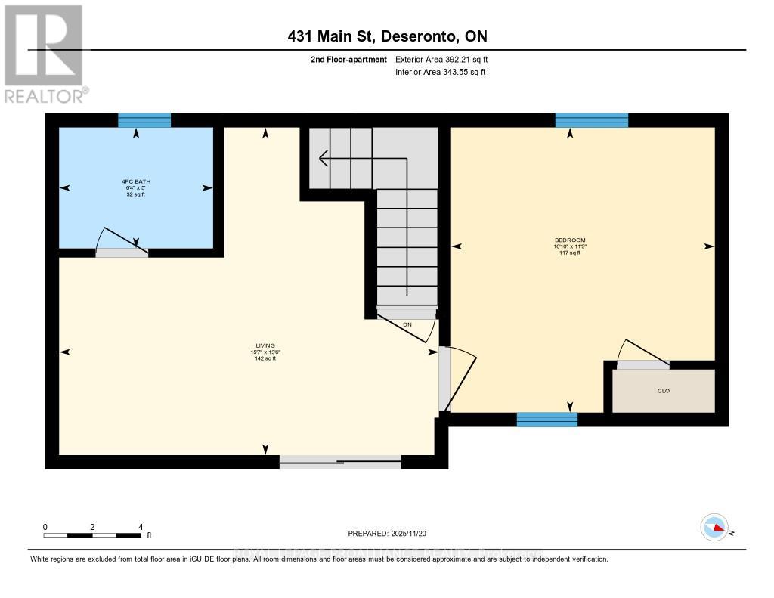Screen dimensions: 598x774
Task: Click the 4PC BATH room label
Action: pos(136,181)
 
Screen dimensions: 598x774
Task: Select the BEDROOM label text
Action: pos(570,240)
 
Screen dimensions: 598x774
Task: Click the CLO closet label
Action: pos(664,391)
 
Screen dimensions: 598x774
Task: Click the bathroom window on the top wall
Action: pos(144,120)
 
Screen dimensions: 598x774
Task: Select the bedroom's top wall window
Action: pos(592,120)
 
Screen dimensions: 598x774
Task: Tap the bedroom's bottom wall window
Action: pos(546,420)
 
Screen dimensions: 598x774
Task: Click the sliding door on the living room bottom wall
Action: pos(340,462)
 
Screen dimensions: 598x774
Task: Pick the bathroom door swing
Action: pos(119,240)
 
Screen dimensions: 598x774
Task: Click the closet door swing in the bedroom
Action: pos(642,354)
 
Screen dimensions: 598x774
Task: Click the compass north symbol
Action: pos(715,528)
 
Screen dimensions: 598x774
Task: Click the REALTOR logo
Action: pos(44,53)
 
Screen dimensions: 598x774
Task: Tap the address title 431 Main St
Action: pos(386,36)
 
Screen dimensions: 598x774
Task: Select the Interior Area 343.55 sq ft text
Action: pos(441,73)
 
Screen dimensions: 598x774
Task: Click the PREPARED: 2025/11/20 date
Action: pos(387,534)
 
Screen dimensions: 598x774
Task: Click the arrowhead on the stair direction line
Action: pos(323,159)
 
